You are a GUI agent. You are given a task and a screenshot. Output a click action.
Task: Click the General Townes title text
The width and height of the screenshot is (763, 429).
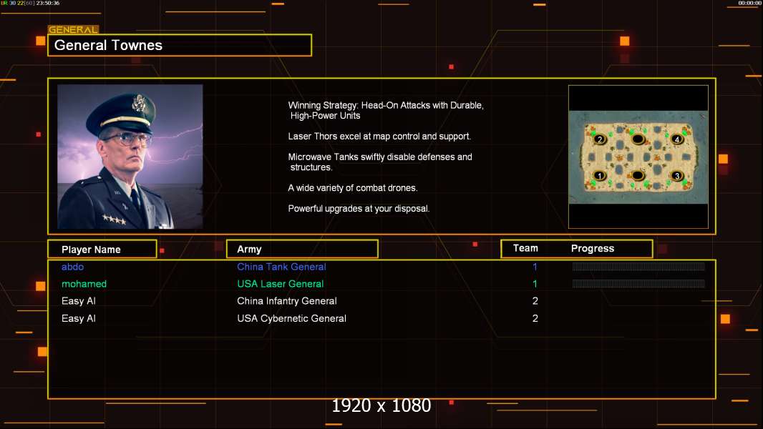pyautogui.click(x=108, y=45)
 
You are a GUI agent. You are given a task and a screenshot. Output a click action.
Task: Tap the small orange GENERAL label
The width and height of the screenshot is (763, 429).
pyautogui.click(x=74, y=29)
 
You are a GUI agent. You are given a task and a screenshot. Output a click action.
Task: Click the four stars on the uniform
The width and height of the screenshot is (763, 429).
pyautogui.click(x=115, y=220)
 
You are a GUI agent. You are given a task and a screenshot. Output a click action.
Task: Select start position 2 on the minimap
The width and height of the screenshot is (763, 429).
pyautogui.click(x=600, y=139)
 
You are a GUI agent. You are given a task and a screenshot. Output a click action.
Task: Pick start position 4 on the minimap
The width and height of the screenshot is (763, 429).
pyautogui.click(x=676, y=139)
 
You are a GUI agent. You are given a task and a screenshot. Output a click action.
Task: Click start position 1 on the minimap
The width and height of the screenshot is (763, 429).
pyautogui.click(x=600, y=176)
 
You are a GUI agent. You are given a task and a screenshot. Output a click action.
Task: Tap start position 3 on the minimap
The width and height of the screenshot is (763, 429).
pyautogui.click(x=676, y=176)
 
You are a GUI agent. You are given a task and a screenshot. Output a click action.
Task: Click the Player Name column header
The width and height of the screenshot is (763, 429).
pyautogui.click(x=91, y=250)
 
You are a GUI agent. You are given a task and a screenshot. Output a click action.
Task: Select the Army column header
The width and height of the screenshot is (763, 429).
pyautogui.click(x=249, y=250)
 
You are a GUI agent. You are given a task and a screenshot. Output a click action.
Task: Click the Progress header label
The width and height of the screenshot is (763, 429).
pyautogui.click(x=592, y=249)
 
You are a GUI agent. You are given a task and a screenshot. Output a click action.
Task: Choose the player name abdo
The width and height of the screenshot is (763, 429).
pyautogui.click(x=72, y=267)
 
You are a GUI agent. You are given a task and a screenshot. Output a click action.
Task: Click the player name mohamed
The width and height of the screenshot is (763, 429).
pyautogui.click(x=84, y=284)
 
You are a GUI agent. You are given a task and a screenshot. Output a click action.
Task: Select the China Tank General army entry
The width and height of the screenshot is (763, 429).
pyautogui.click(x=281, y=267)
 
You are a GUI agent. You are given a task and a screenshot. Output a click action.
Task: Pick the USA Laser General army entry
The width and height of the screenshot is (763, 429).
pyautogui.click(x=281, y=284)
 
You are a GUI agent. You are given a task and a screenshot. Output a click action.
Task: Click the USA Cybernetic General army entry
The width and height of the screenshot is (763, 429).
pyautogui.click(x=291, y=318)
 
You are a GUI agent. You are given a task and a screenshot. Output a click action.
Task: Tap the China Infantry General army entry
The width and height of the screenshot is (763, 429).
pyautogui.click(x=286, y=301)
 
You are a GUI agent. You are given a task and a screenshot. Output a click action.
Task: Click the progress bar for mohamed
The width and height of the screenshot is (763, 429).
pyautogui.click(x=638, y=284)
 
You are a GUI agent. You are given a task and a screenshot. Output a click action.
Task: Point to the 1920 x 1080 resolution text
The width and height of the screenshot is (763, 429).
pyautogui.click(x=381, y=405)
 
